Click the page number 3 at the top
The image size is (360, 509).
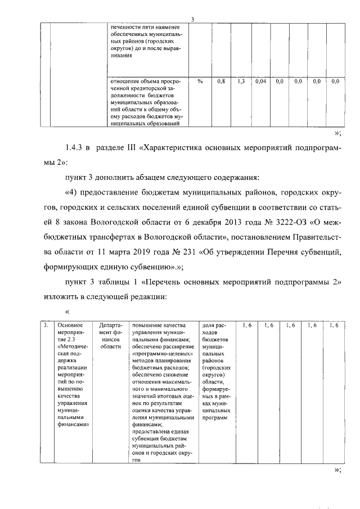192,20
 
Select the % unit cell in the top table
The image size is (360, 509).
200,82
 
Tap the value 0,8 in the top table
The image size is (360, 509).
221,82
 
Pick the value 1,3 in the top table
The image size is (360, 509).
241,82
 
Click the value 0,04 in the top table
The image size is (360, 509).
260,82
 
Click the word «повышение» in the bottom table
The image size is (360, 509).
146,325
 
